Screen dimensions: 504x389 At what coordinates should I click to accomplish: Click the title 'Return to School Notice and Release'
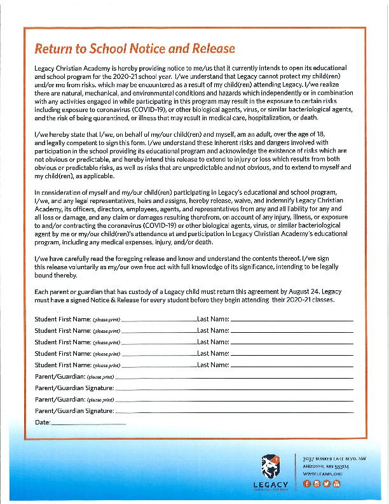click(x=135, y=48)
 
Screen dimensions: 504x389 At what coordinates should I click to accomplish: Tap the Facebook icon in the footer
click(x=306, y=484)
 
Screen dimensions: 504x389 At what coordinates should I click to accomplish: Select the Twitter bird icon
click(x=327, y=484)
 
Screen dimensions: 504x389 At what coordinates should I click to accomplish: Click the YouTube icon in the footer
click(x=337, y=484)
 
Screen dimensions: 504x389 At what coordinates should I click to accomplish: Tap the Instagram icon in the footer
click(x=317, y=484)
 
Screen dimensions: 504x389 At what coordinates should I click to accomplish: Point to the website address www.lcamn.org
click(x=322, y=474)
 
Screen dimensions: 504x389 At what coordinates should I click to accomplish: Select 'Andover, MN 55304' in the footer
click(x=325, y=466)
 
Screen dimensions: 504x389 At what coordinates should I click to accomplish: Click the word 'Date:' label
click(x=42, y=423)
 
